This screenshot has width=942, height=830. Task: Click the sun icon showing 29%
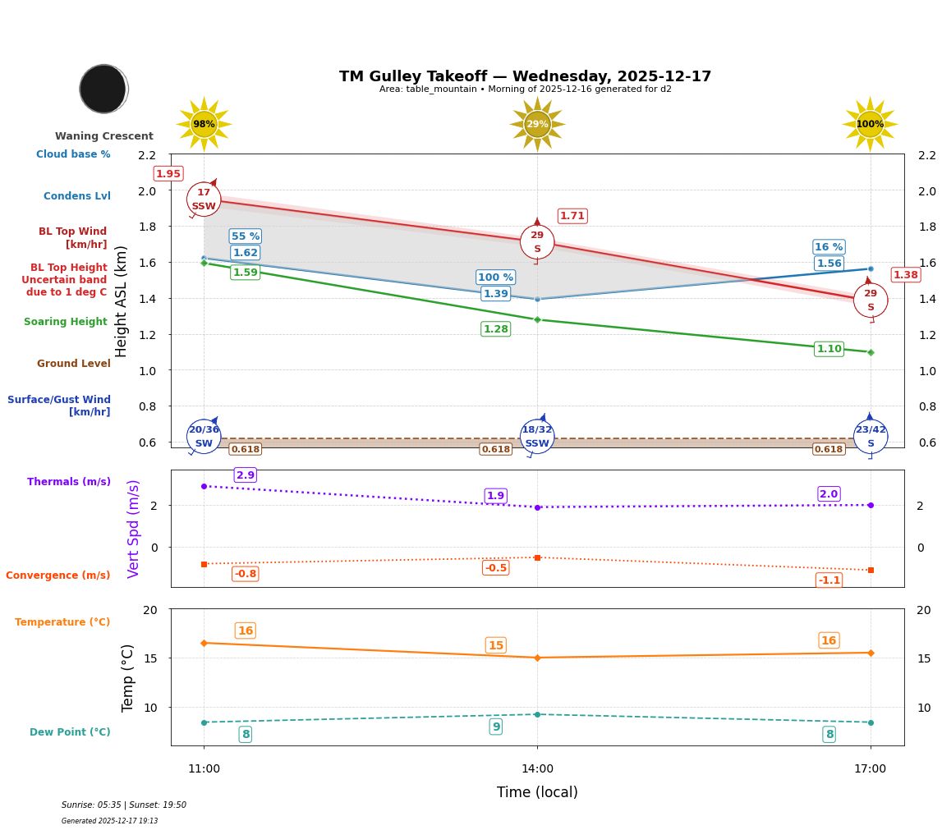pos(537,124)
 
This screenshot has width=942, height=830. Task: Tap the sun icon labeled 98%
pos(204,124)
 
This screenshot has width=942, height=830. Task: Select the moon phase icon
pos(103,89)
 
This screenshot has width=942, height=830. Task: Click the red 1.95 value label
pos(168,174)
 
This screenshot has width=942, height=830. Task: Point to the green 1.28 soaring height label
pos(496,329)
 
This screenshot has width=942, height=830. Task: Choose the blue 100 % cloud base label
pos(495,277)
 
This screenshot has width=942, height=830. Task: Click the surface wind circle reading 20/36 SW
pos(204,437)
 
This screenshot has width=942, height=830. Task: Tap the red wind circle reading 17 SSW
pos(204,199)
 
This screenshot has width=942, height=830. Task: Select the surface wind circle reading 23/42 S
pos(871,437)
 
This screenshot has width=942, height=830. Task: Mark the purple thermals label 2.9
pos(246,475)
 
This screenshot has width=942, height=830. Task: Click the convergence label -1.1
pos(829,580)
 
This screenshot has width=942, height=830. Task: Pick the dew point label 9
pos(496,727)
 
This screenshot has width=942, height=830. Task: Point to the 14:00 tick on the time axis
pos(537,769)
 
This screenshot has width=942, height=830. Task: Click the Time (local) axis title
pos(537,792)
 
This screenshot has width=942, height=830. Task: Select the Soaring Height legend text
pos(66,322)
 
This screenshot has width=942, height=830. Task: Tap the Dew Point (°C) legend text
pos(70,732)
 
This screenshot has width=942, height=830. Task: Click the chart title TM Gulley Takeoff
pos(525,76)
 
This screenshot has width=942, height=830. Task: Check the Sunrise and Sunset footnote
pos(124,805)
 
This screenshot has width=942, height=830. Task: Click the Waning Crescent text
pos(104,136)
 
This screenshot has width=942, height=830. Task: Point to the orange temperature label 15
pos(496,645)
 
